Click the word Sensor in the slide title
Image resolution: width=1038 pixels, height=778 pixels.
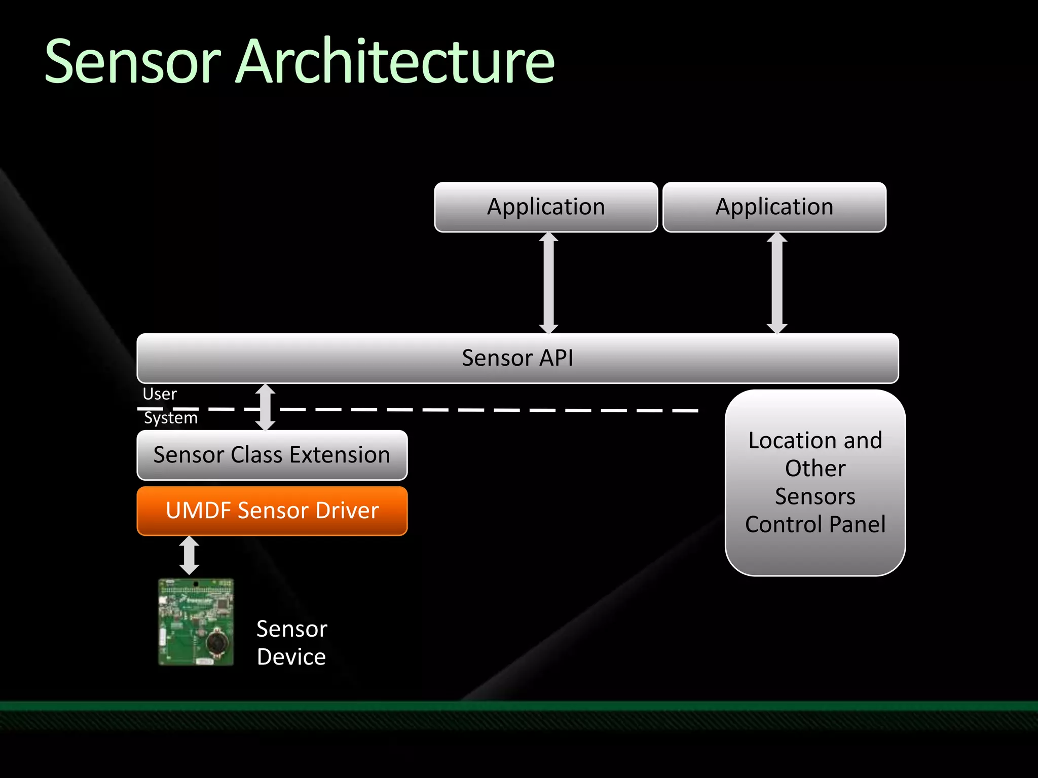(x=133, y=62)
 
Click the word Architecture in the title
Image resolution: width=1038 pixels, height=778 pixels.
(x=395, y=62)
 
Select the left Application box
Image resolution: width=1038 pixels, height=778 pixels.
(x=546, y=207)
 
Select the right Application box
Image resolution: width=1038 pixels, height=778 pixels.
(x=774, y=207)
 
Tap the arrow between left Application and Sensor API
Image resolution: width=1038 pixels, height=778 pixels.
(x=548, y=283)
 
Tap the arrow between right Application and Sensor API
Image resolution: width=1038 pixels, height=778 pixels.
(x=777, y=283)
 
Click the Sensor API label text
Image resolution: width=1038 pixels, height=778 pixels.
(x=517, y=358)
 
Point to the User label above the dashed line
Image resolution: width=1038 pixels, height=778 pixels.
(x=160, y=394)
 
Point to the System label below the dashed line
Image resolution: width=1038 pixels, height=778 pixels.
(x=171, y=418)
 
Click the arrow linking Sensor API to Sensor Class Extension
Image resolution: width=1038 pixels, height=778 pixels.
(x=265, y=407)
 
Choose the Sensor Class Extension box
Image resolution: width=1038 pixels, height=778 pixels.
(x=272, y=455)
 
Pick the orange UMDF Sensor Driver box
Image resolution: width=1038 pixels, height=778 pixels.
(x=272, y=511)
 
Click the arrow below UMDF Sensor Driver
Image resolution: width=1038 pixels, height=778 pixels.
(x=189, y=556)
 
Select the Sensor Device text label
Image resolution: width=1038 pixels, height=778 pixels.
(x=291, y=643)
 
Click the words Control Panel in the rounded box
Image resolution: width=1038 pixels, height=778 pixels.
(x=815, y=524)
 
